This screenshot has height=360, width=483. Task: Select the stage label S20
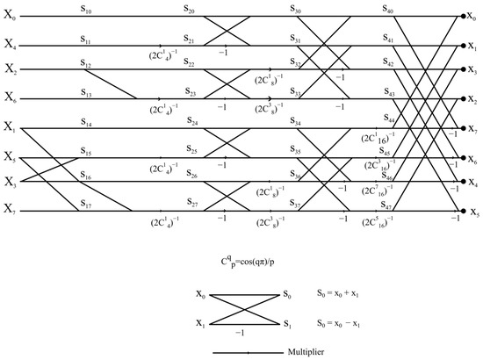(190, 10)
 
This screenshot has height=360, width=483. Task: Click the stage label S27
(192, 204)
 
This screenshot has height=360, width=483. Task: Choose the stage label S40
(388, 10)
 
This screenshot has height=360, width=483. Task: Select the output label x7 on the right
(474, 130)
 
